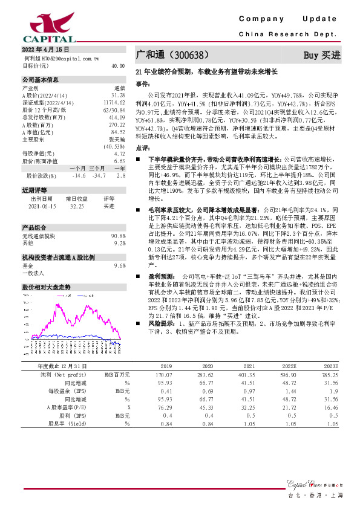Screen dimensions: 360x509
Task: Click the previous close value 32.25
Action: pyautogui.click(x=77, y=206)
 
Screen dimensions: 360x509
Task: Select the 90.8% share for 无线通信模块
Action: pyautogui.click(x=118, y=235)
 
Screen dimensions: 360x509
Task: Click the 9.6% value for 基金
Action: pyautogui.click(x=119, y=265)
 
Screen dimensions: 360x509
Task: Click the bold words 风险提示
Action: pyautogui.click(x=154, y=324)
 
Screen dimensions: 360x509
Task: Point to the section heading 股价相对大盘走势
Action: pyautogui.click(x=47, y=287)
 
